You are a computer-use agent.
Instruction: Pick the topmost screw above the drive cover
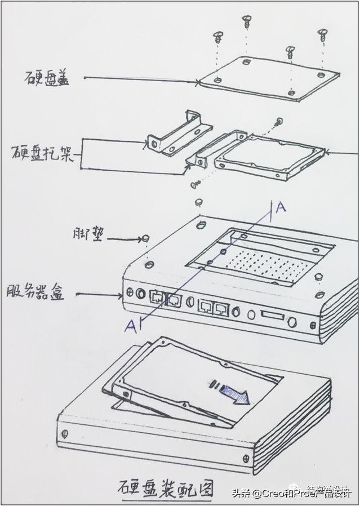[246, 21]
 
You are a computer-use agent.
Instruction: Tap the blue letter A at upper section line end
[281, 208]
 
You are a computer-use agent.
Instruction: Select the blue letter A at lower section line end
[130, 326]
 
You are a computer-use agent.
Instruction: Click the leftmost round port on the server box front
[130, 293]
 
